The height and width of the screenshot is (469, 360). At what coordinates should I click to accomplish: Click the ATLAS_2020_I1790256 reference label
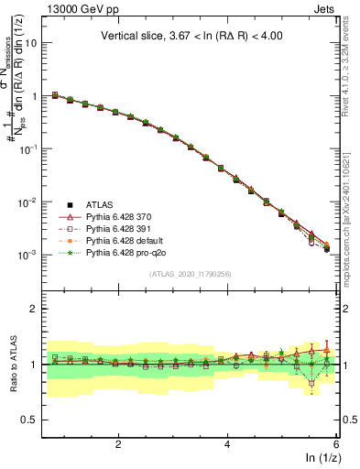coord(191,274)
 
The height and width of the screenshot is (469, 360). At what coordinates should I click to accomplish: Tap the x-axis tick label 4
coord(227,442)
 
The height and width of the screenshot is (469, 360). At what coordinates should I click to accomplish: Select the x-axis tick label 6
coord(336,442)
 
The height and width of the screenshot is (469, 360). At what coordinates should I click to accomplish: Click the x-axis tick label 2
coord(118,442)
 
